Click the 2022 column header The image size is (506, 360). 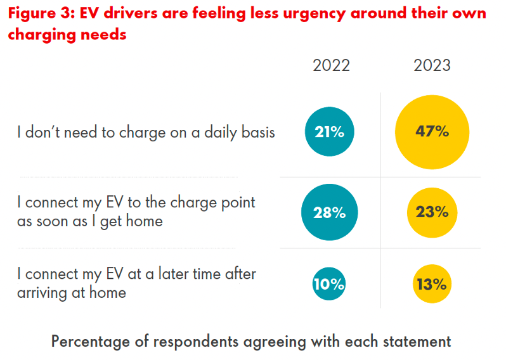click(x=331, y=66)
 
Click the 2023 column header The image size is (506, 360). click(x=432, y=66)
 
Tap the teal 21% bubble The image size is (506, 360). click(x=329, y=132)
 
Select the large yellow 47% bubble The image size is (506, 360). click(x=432, y=132)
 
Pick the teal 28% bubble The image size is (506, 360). click(x=329, y=213)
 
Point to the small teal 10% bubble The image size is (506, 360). click(x=329, y=285)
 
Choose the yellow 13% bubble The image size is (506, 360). click(x=432, y=285)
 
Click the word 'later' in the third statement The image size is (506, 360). click(x=167, y=274)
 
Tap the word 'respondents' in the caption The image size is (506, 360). click(x=202, y=341)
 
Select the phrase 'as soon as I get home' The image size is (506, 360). click(x=90, y=221)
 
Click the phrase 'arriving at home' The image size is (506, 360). click(x=72, y=292)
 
